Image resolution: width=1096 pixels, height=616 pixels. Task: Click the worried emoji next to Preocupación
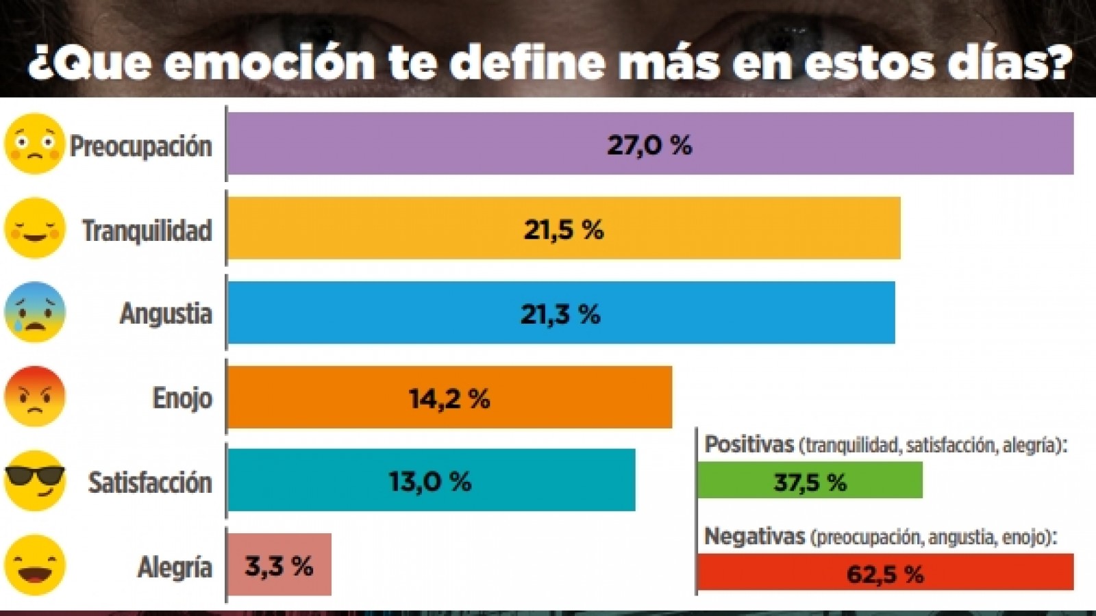coord(34,144)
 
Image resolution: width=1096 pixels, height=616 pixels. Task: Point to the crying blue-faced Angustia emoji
coord(34,312)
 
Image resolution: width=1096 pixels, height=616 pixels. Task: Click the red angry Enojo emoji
coord(34,396)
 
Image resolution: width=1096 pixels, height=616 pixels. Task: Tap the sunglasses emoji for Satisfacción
coord(34,480)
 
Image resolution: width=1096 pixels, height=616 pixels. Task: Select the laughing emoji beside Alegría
coord(34,565)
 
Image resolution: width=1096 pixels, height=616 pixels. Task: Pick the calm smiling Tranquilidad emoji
coord(34,228)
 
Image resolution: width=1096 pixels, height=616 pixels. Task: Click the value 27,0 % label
coord(649,145)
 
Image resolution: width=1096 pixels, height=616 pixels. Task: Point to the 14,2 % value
coord(449,398)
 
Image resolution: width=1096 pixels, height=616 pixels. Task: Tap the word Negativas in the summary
coord(754,537)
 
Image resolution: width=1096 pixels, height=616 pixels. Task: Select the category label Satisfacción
coord(150,483)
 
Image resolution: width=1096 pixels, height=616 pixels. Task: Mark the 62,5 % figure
coord(884,574)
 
